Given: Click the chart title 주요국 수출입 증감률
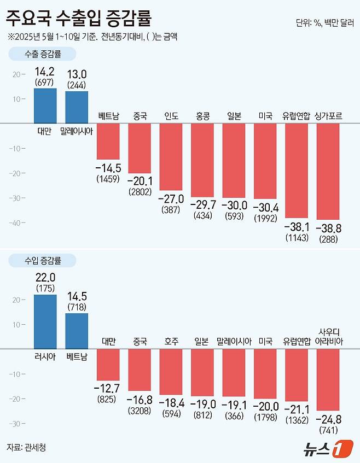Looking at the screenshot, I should point(79,20).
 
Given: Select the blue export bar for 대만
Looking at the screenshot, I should point(45,106).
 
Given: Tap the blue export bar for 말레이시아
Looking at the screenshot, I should point(77,107).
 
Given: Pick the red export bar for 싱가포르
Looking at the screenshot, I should point(328,171).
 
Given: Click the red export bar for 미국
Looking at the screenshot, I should point(265,161).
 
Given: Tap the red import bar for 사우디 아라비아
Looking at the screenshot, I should point(328,379).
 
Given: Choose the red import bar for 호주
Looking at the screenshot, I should point(171,372).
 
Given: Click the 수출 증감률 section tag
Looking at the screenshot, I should point(43,55).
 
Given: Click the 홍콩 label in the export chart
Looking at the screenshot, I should point(202,116).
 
